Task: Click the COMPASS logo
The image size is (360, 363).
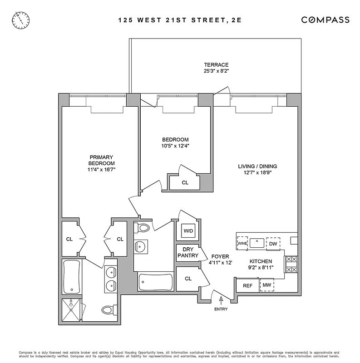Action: point(325,20)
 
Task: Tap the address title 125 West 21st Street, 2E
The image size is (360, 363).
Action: point(180,20)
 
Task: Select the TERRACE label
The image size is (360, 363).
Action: point(216,64)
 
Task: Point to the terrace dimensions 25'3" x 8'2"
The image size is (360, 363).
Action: point(216,71)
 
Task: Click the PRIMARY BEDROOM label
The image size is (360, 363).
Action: point(102,160)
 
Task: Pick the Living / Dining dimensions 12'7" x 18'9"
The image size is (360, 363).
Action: point(257,173)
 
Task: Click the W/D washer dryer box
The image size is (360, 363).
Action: point(188,231)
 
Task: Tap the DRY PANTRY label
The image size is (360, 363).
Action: point(188,252)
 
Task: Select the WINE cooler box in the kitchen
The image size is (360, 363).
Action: point(242,243)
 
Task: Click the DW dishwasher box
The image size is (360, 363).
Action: point(273,244)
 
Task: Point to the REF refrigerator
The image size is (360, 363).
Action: point(247,286)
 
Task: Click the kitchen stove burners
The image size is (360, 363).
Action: point(291,265)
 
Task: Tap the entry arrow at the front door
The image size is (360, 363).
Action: point(221,300)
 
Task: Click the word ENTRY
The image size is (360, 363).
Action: point(221,309)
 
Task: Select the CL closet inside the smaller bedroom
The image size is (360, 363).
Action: point(185,182)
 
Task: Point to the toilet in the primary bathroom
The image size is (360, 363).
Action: point(108,310)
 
